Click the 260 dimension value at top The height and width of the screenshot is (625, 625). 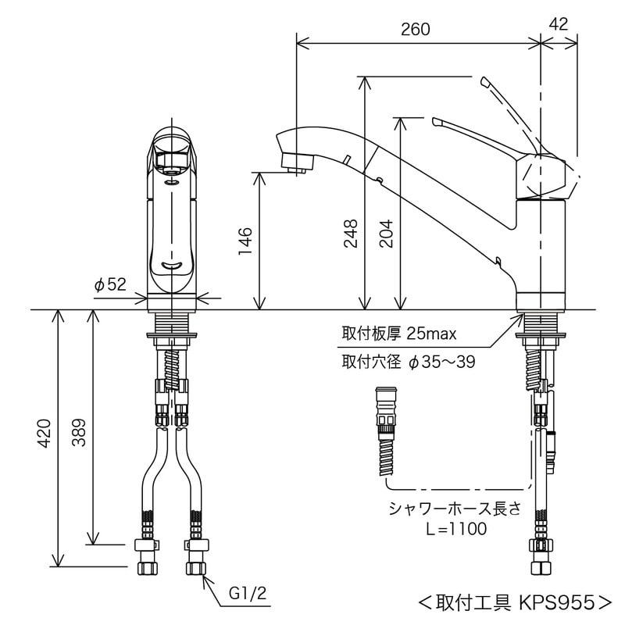tap(416, 29)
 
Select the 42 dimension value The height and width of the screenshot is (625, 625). tap(559, 24)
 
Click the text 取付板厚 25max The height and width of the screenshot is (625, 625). tap(398, 334)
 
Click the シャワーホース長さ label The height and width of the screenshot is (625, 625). tap(455, 509)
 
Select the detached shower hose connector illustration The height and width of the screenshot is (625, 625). tap(385, 430)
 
